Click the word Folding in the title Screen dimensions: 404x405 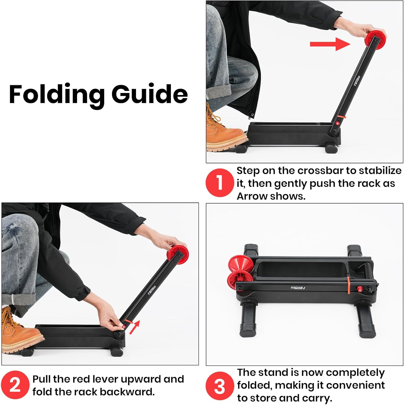pos(57,94)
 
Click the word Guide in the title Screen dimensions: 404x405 pos(150,94)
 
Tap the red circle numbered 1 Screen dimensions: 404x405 pos(220,183)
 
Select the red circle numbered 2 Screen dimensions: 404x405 pos(15,385)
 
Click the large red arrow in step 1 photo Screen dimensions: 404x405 pos(330,44)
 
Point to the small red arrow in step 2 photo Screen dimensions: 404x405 pos(135,327)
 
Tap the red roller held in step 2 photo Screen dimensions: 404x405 pos(178,254)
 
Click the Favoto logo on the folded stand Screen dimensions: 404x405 pos(298,288)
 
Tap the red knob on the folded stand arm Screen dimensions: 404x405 pos(360,289)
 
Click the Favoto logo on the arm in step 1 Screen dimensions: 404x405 pos(357,81)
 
